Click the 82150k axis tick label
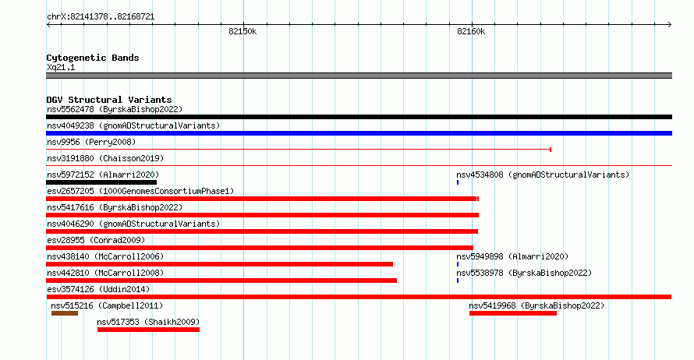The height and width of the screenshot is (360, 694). [243, 31]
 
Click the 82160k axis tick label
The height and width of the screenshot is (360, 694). [471, 31]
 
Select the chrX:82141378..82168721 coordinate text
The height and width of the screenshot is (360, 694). [101, 17]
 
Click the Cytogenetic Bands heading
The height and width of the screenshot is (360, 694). [93, 58]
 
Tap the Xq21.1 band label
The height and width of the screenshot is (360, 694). [61, 67]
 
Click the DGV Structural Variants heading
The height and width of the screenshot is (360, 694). [109, 100]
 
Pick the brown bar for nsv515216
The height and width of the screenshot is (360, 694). [65, 313]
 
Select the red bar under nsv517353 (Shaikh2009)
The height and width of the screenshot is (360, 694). [148, 330]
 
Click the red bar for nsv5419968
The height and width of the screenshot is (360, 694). [513, 313]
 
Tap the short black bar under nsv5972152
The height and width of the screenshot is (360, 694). [101, 182]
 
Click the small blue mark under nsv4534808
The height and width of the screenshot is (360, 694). [458, 182]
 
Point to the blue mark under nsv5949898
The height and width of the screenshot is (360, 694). [458, 264]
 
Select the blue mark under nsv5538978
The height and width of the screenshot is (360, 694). [458, 281]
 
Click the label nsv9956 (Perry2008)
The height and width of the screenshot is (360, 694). [91, 142]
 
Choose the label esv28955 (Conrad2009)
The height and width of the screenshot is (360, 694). [96, 240]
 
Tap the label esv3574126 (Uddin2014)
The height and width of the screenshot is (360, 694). [98, 289]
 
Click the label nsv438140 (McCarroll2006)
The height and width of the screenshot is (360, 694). [105, 256]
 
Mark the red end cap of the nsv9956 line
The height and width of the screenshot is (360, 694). [551, 150]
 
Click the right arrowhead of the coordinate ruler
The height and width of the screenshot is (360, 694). [670, 24]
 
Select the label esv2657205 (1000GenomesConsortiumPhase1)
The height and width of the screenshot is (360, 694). [140, 191]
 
